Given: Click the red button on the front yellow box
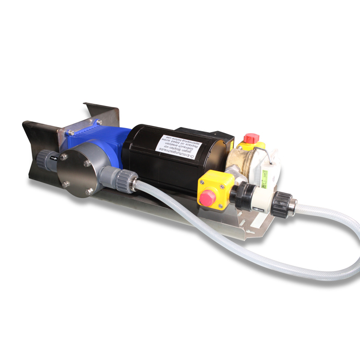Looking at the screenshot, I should [208, 196].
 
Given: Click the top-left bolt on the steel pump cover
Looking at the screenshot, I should [63, 155].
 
